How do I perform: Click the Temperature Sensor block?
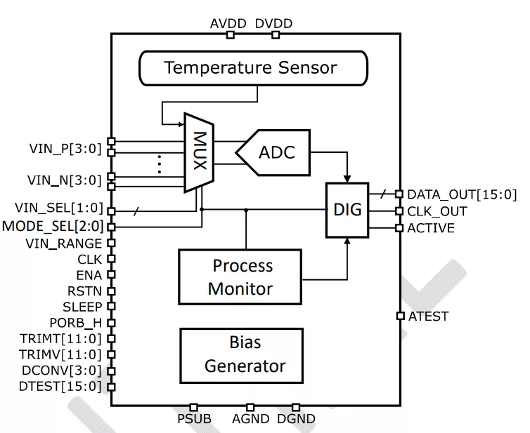251,68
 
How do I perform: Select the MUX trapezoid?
198,152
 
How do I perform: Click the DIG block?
347,210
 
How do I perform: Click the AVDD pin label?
228,24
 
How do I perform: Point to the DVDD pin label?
273,24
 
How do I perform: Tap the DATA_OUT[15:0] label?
462,194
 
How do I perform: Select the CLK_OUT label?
437,211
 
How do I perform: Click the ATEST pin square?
400,317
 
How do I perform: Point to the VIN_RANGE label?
64,244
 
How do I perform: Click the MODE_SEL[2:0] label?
53,227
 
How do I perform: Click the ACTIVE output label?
431,228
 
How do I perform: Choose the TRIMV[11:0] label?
60,354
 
